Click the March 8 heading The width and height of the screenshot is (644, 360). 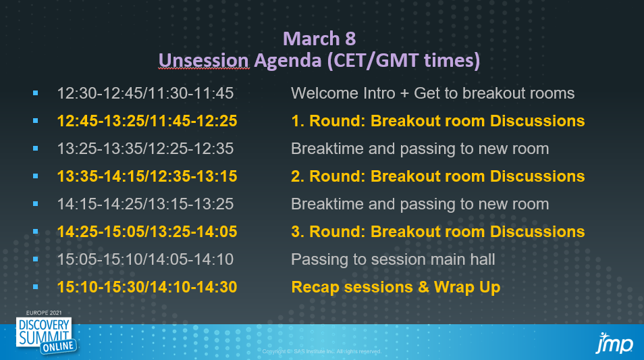(319, 38)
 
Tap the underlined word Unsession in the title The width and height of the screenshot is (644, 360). (204, 60)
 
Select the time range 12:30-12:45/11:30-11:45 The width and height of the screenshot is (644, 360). (145, 93)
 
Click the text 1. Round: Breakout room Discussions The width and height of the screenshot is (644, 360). (438, 121)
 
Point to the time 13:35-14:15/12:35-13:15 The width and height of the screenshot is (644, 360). (147, 176)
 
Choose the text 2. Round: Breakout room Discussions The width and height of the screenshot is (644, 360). (438, 176)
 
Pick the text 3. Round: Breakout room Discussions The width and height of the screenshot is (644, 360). (438, 232)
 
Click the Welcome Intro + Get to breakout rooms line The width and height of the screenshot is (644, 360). (433, 93)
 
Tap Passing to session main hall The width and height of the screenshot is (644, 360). (393, 260)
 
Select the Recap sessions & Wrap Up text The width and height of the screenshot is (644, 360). (396, 287)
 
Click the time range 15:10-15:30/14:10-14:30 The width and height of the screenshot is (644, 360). (147, 287)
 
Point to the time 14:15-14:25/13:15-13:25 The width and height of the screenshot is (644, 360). (145, 204)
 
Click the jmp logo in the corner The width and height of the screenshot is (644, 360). (614, 343)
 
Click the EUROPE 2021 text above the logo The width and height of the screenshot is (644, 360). (44, 313)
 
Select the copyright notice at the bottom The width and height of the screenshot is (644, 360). (322, 351)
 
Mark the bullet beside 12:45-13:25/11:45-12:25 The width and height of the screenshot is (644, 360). (36, 121)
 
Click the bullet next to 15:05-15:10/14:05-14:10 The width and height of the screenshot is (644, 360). (36, 259)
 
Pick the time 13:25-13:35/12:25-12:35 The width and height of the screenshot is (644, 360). (145, 149)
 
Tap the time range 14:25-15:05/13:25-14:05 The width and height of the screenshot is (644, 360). (147, 232)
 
